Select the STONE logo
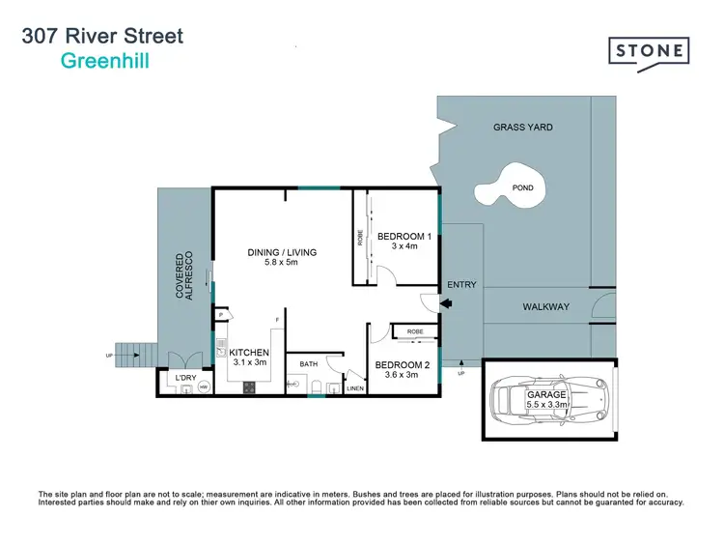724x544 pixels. tap(649, 50)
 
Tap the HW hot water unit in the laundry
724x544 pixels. tap(203, 387)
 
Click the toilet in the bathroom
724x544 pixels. tap(316, 388)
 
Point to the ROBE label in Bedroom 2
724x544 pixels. tap(415, 331)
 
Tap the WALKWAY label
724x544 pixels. tap(545, 307)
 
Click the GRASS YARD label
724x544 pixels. tap(522, 128)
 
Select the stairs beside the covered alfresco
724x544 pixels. tap(133, 354)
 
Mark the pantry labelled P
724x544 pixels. tap(221, 315)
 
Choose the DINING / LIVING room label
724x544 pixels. tap(282, 252)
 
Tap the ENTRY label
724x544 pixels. tap(461, 284)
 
